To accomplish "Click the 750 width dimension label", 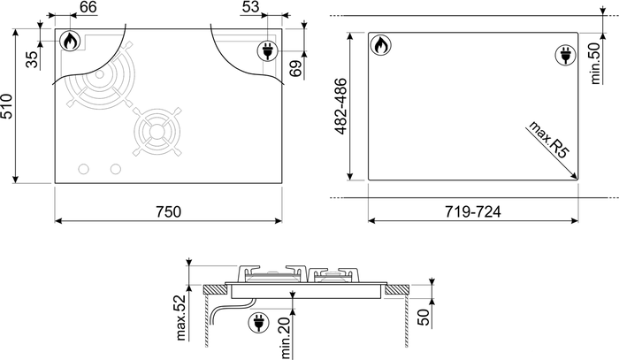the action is (x=169, y=212).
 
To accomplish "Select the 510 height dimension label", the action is (x=7, y=106).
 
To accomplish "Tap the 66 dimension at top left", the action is (x=88, y=7).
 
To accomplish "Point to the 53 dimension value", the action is (x=250, y=7).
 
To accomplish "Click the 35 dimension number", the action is (x=33, y=59).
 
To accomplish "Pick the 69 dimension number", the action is (x=295, y=67).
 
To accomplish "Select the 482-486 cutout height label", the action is (x=340, y=106).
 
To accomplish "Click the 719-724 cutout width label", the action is (x=473, y=212).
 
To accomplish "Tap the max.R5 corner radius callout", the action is (x=549, y=140).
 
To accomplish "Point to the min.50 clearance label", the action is (x=595, y=63).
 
